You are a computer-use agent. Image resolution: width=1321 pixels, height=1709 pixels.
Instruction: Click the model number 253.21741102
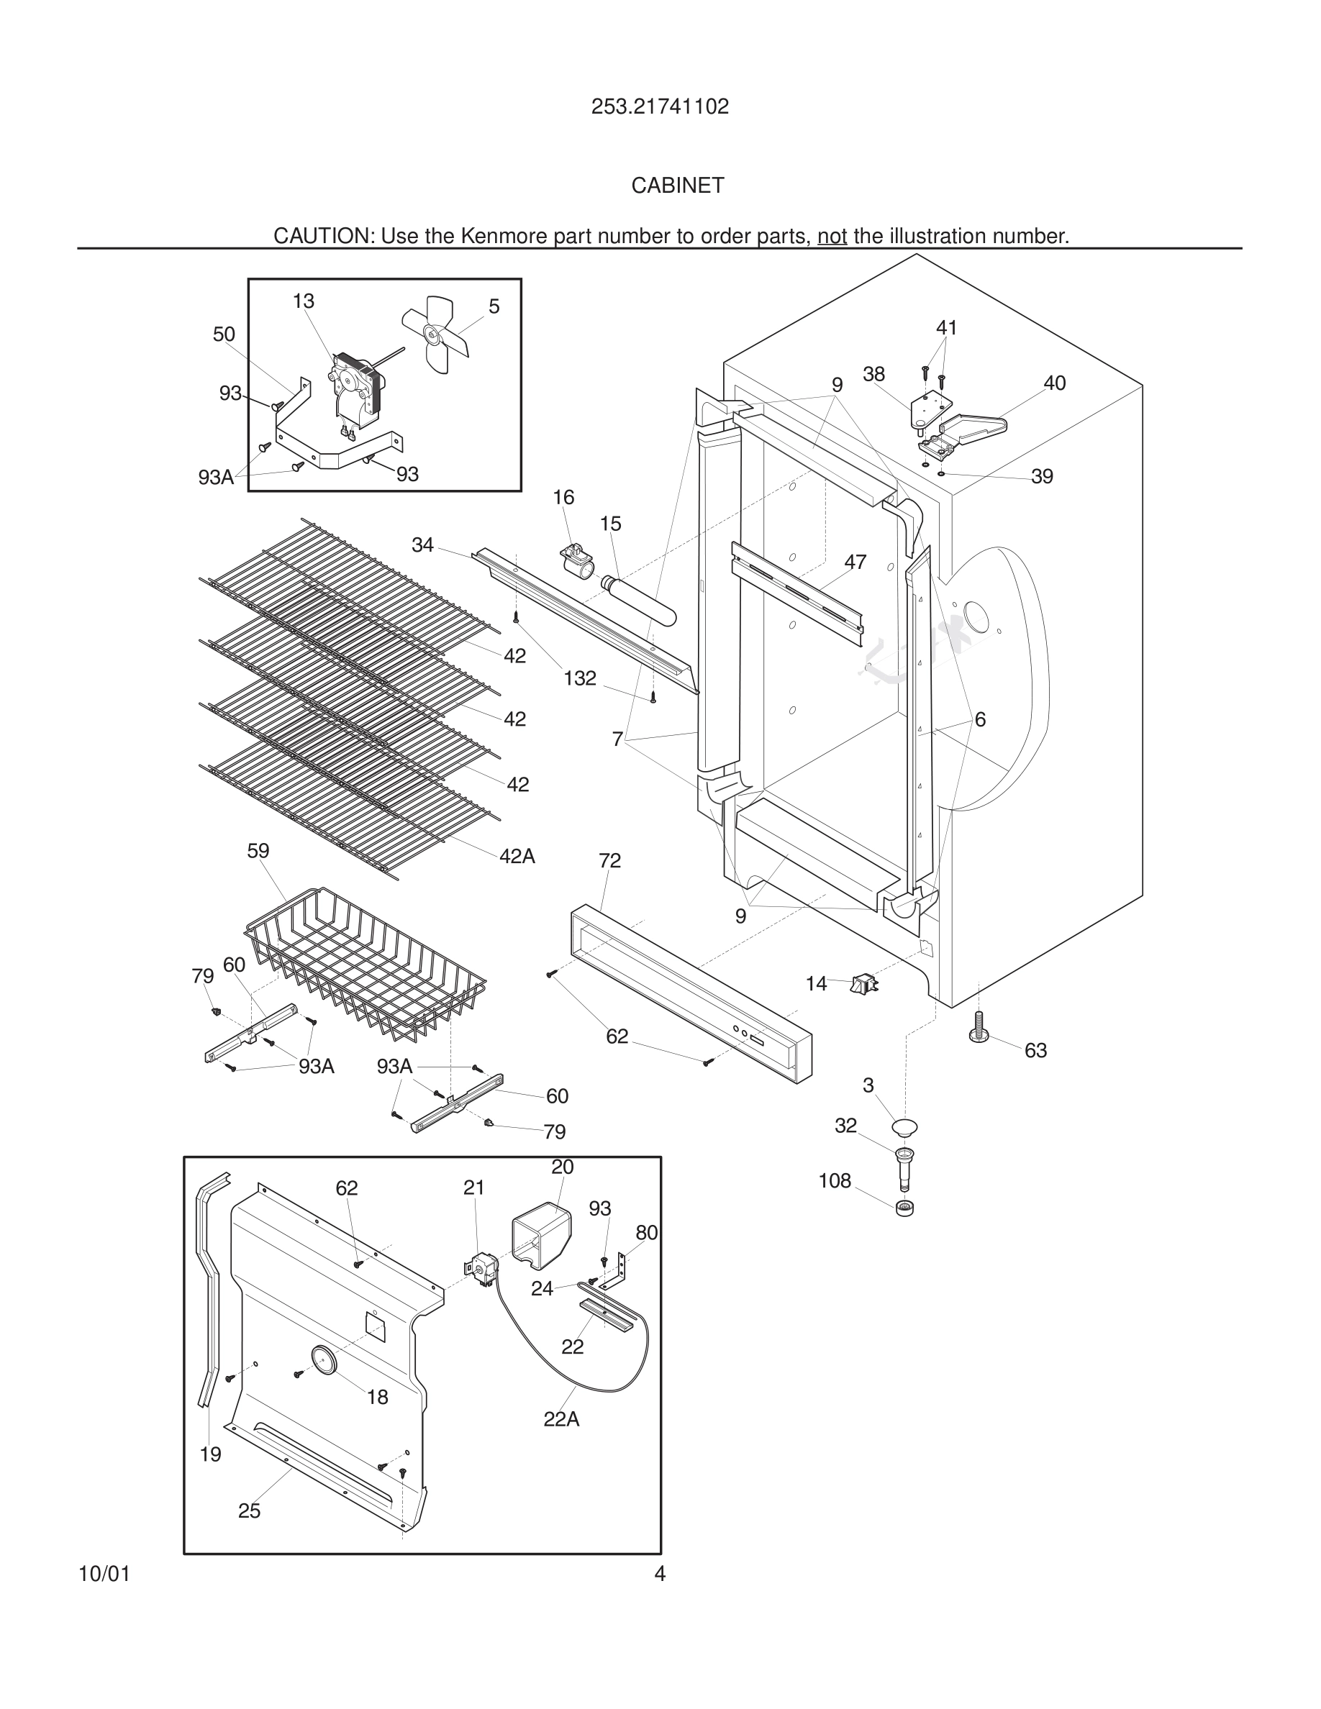point(660,106)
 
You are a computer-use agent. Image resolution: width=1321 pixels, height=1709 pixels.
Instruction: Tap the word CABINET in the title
point(678,186)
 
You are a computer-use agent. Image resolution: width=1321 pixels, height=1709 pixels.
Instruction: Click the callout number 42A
point(517,857)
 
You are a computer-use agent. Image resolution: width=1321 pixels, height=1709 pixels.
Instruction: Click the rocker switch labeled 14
point(865,984)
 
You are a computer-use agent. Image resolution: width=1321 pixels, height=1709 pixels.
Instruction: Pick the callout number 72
point(609,861)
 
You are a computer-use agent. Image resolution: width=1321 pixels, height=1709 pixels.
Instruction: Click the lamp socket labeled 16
point(577,561)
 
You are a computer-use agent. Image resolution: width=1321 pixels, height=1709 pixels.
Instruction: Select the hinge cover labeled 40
point(973,426)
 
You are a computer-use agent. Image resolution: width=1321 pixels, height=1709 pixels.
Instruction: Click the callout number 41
point(946,328)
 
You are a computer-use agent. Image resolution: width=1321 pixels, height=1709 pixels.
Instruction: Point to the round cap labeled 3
point(904,1128)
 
